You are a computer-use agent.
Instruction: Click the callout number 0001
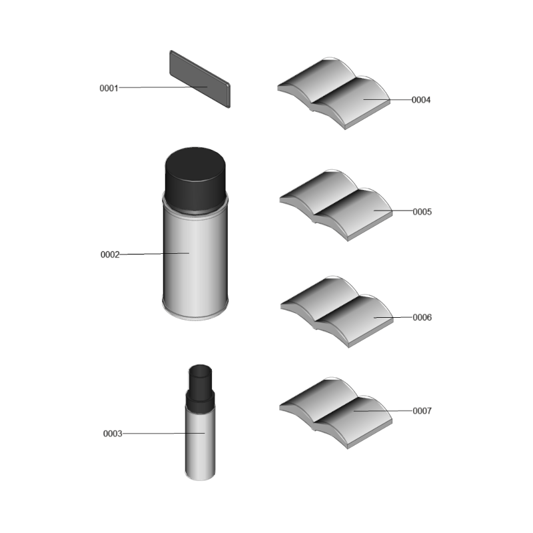click(x=109, y=89)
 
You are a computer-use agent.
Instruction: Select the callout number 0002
click(x=110, y=255)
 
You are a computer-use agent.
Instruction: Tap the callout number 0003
click(x=113, y=434)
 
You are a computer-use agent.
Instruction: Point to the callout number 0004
click(x=421, y=100)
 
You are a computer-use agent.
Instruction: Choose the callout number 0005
click(x=422, y=212)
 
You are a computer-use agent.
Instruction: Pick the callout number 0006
click(x=422, y=318)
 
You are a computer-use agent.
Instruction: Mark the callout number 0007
click(x=422, y=411)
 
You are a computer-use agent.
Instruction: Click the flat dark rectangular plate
click(x=200, y=79)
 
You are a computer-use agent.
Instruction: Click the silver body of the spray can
click(x=195, y=262)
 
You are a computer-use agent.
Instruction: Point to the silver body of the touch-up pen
click(x=201, y=442)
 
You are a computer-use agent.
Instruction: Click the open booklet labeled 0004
click(x=334, y=93)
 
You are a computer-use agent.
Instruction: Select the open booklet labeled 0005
click(x=336, y=205)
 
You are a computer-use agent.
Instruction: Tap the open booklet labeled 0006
click(x=337, y=312)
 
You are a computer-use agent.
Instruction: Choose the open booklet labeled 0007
click(x=336, y=413)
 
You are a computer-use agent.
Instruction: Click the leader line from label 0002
click(x=155, y=254)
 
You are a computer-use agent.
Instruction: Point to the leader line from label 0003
click(x=163, y=434)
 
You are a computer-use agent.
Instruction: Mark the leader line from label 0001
click(x=163, y=87)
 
